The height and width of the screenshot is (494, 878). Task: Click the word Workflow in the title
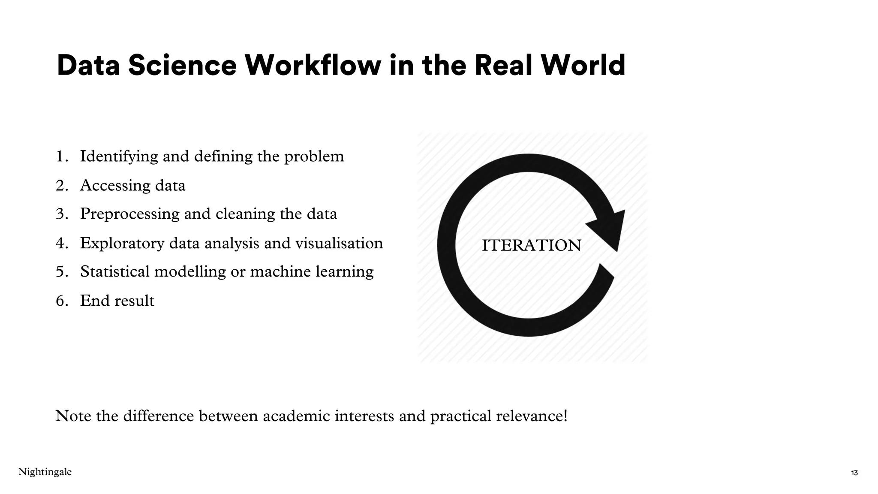pos(313,65)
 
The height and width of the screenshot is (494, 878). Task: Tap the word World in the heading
pos(583,65)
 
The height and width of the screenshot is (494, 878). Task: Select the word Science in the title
pos(182,65)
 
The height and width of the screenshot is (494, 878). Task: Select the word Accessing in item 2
pos(115,186)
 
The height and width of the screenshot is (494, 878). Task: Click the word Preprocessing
pos(129,214)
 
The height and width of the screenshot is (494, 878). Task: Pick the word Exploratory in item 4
pos(122,244)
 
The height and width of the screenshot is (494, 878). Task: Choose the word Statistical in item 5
pos(114,272)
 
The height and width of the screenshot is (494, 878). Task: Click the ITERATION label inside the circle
pos(531,246)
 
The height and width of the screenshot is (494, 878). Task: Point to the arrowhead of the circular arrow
pos(609,228)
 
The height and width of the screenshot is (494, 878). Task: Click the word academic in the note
pos(296,416)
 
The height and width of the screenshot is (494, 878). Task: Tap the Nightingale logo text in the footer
pos(45,472)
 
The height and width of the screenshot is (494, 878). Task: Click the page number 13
pos(854,473)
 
